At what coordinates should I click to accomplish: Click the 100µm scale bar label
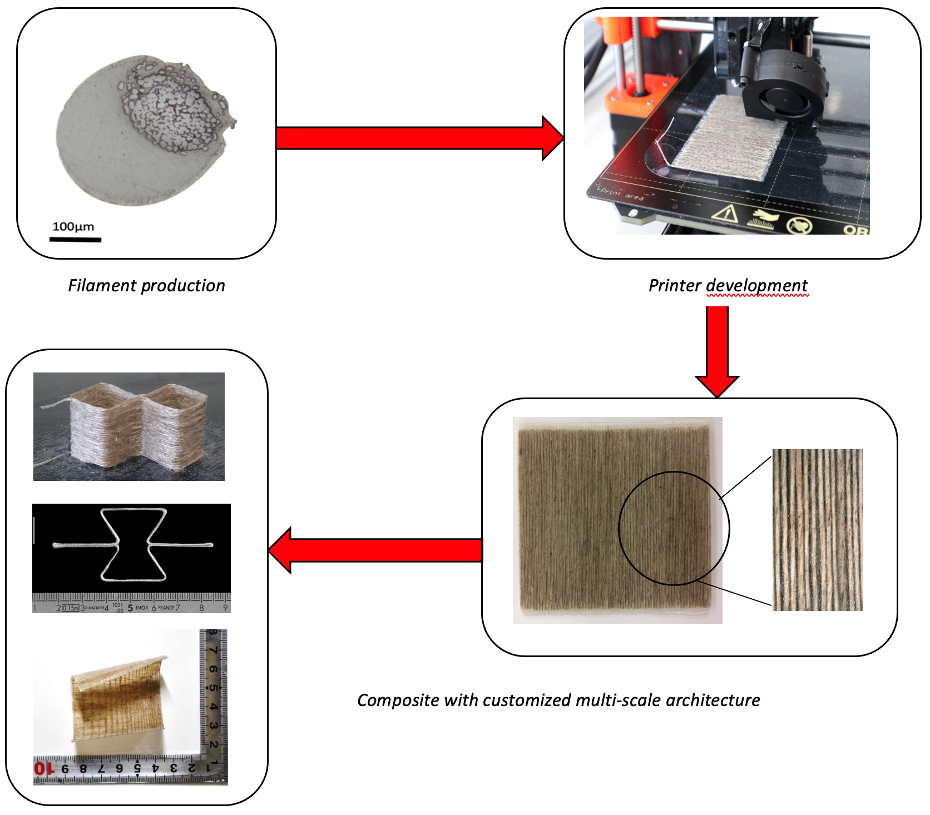tap(73, 226)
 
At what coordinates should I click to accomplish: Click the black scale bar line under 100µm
tap(75, 240)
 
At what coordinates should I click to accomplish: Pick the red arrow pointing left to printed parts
tap(378, 550)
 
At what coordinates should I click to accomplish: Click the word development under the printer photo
tap(757, 285)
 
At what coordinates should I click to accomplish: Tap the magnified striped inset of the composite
tap(817, 530)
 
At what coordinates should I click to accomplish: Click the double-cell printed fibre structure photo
tap(129, 426)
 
